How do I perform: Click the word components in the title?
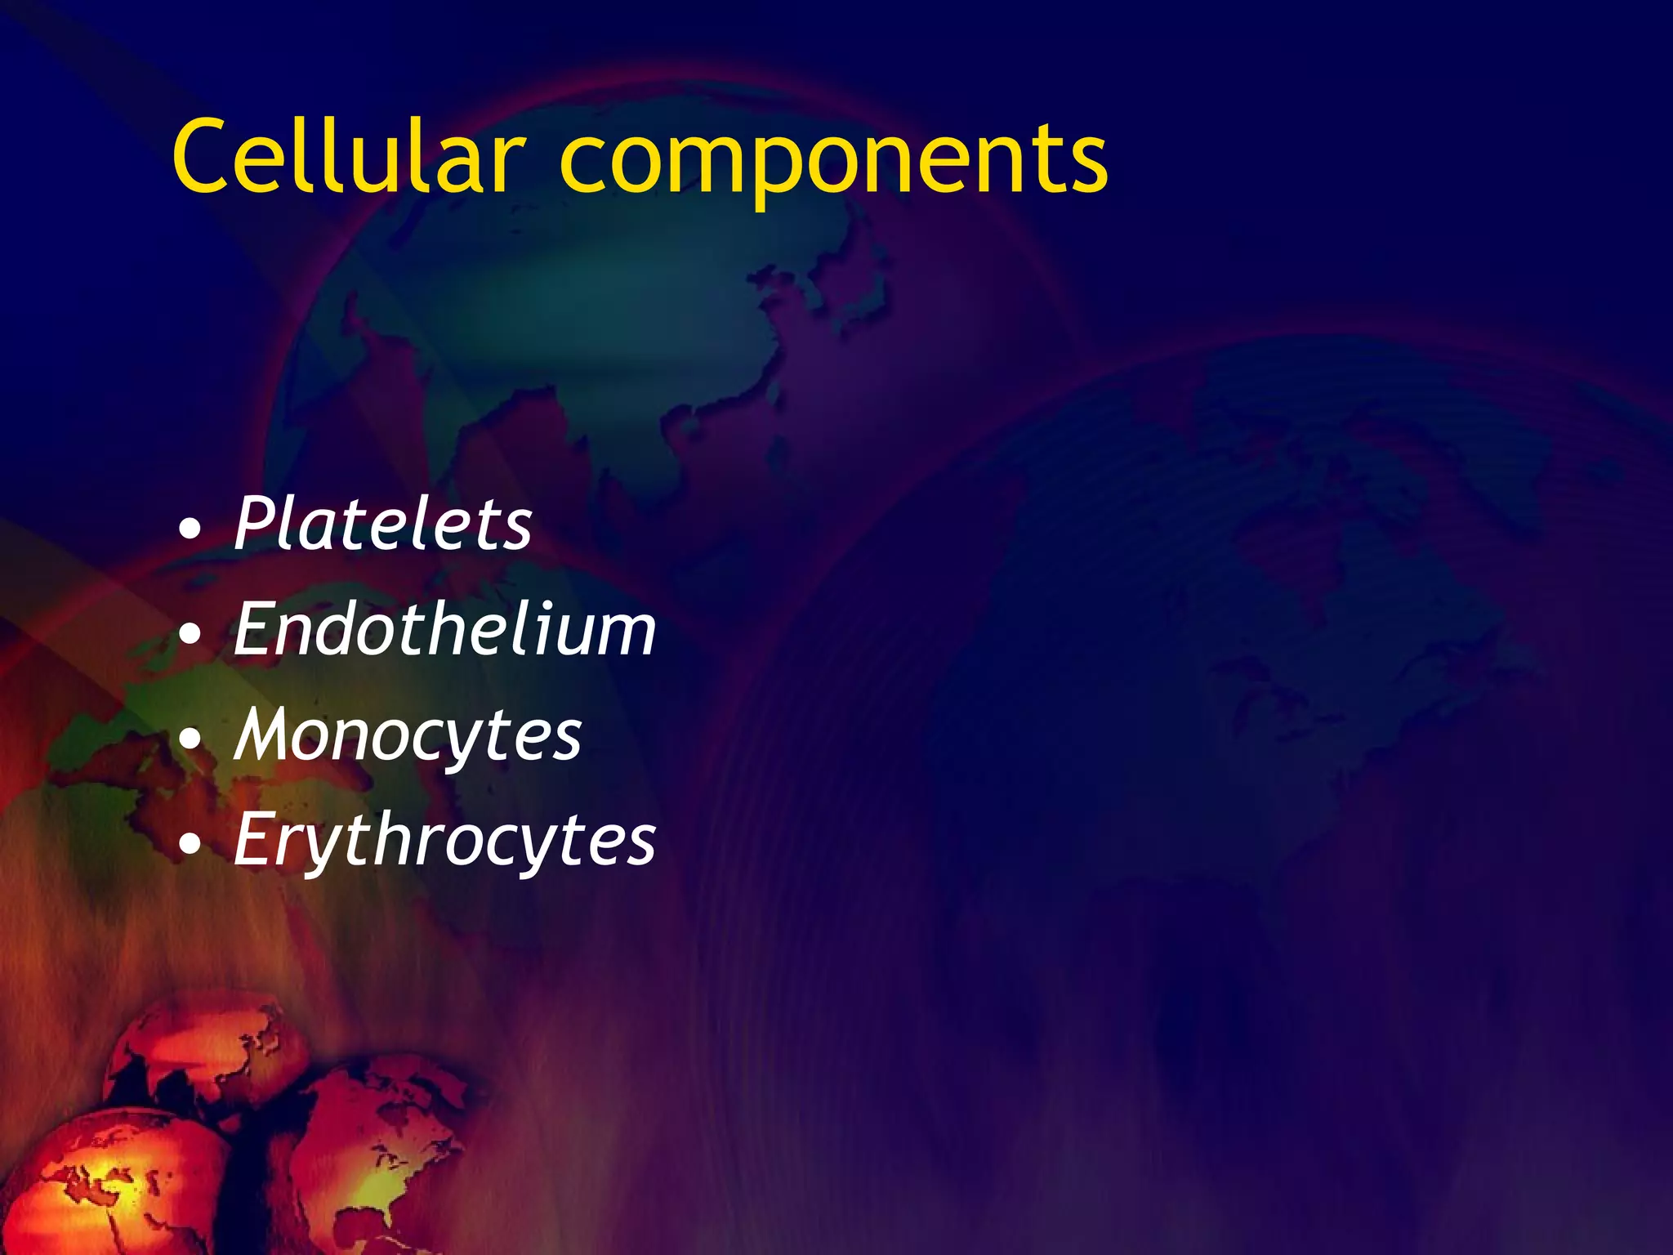pos(833,159)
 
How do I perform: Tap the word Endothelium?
pos(444,628)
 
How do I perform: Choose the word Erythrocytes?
pos(444,840)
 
